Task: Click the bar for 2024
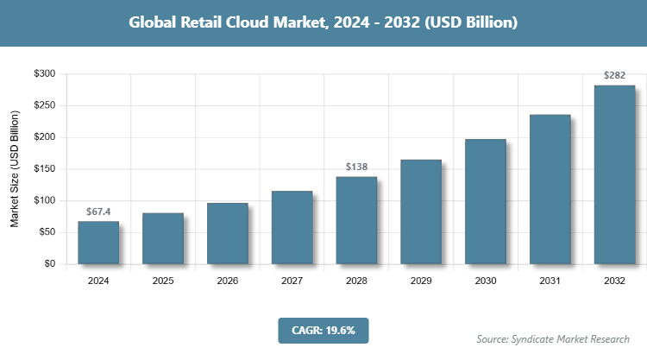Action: pos(98,243)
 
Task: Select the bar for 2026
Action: pos(228,233)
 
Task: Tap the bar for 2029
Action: pos(421,212)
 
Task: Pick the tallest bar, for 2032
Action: pos(614,174)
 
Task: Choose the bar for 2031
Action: pos(550,189)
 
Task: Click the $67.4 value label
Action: pos(98,211)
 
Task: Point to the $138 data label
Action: pos(356,166)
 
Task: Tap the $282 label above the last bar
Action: pos(614,75)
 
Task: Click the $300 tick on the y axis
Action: pos(44,74)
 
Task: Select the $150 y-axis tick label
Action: pos(44,169)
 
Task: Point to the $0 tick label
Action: pos(49,264)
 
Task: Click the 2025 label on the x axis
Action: pos(163,281)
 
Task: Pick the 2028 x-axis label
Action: pos(356,281)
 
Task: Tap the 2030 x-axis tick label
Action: pos(486,281)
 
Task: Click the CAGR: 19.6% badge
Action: pos(323,330)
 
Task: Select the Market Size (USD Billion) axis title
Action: pos(15,169)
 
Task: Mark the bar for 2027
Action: pos(292,227)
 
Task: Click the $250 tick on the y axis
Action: pos(44,106)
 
